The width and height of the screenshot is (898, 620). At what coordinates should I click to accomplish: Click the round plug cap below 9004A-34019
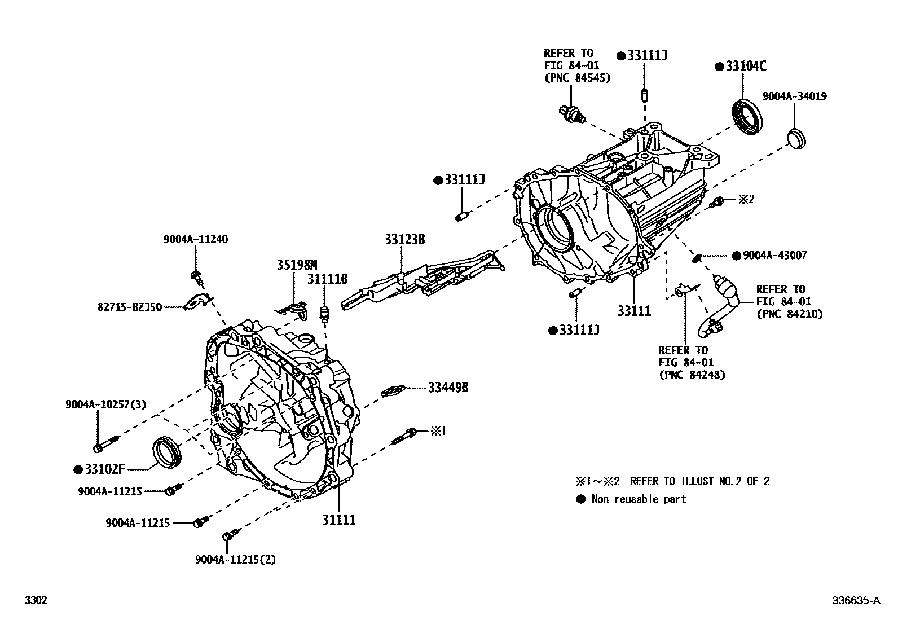tap(796, 138)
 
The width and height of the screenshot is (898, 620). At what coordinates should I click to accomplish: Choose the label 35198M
tap(297, 265)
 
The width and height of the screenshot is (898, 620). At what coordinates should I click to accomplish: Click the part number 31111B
tap(327, 279)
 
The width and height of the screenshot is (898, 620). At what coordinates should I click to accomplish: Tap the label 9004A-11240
tap(196, 239)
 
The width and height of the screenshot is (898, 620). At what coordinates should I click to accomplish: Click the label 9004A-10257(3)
tap(105, 404)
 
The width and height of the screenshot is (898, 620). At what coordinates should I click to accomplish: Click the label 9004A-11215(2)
tap(236, 559)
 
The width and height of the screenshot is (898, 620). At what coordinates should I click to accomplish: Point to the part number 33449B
tap(448, 388)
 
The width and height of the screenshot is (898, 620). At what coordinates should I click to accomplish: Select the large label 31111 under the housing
tap(339, 520)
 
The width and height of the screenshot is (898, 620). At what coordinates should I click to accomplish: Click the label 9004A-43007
tap(774, 256)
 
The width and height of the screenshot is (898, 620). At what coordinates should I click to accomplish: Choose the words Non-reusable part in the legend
tap(639, 499)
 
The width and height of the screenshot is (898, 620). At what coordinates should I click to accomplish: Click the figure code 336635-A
tap(855, 601)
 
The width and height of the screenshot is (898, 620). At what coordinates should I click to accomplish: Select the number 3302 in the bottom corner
tap(35, 600)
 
